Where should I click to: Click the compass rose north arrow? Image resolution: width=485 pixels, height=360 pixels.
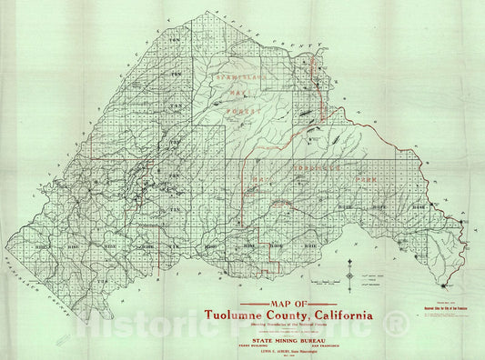coord(351,272)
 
